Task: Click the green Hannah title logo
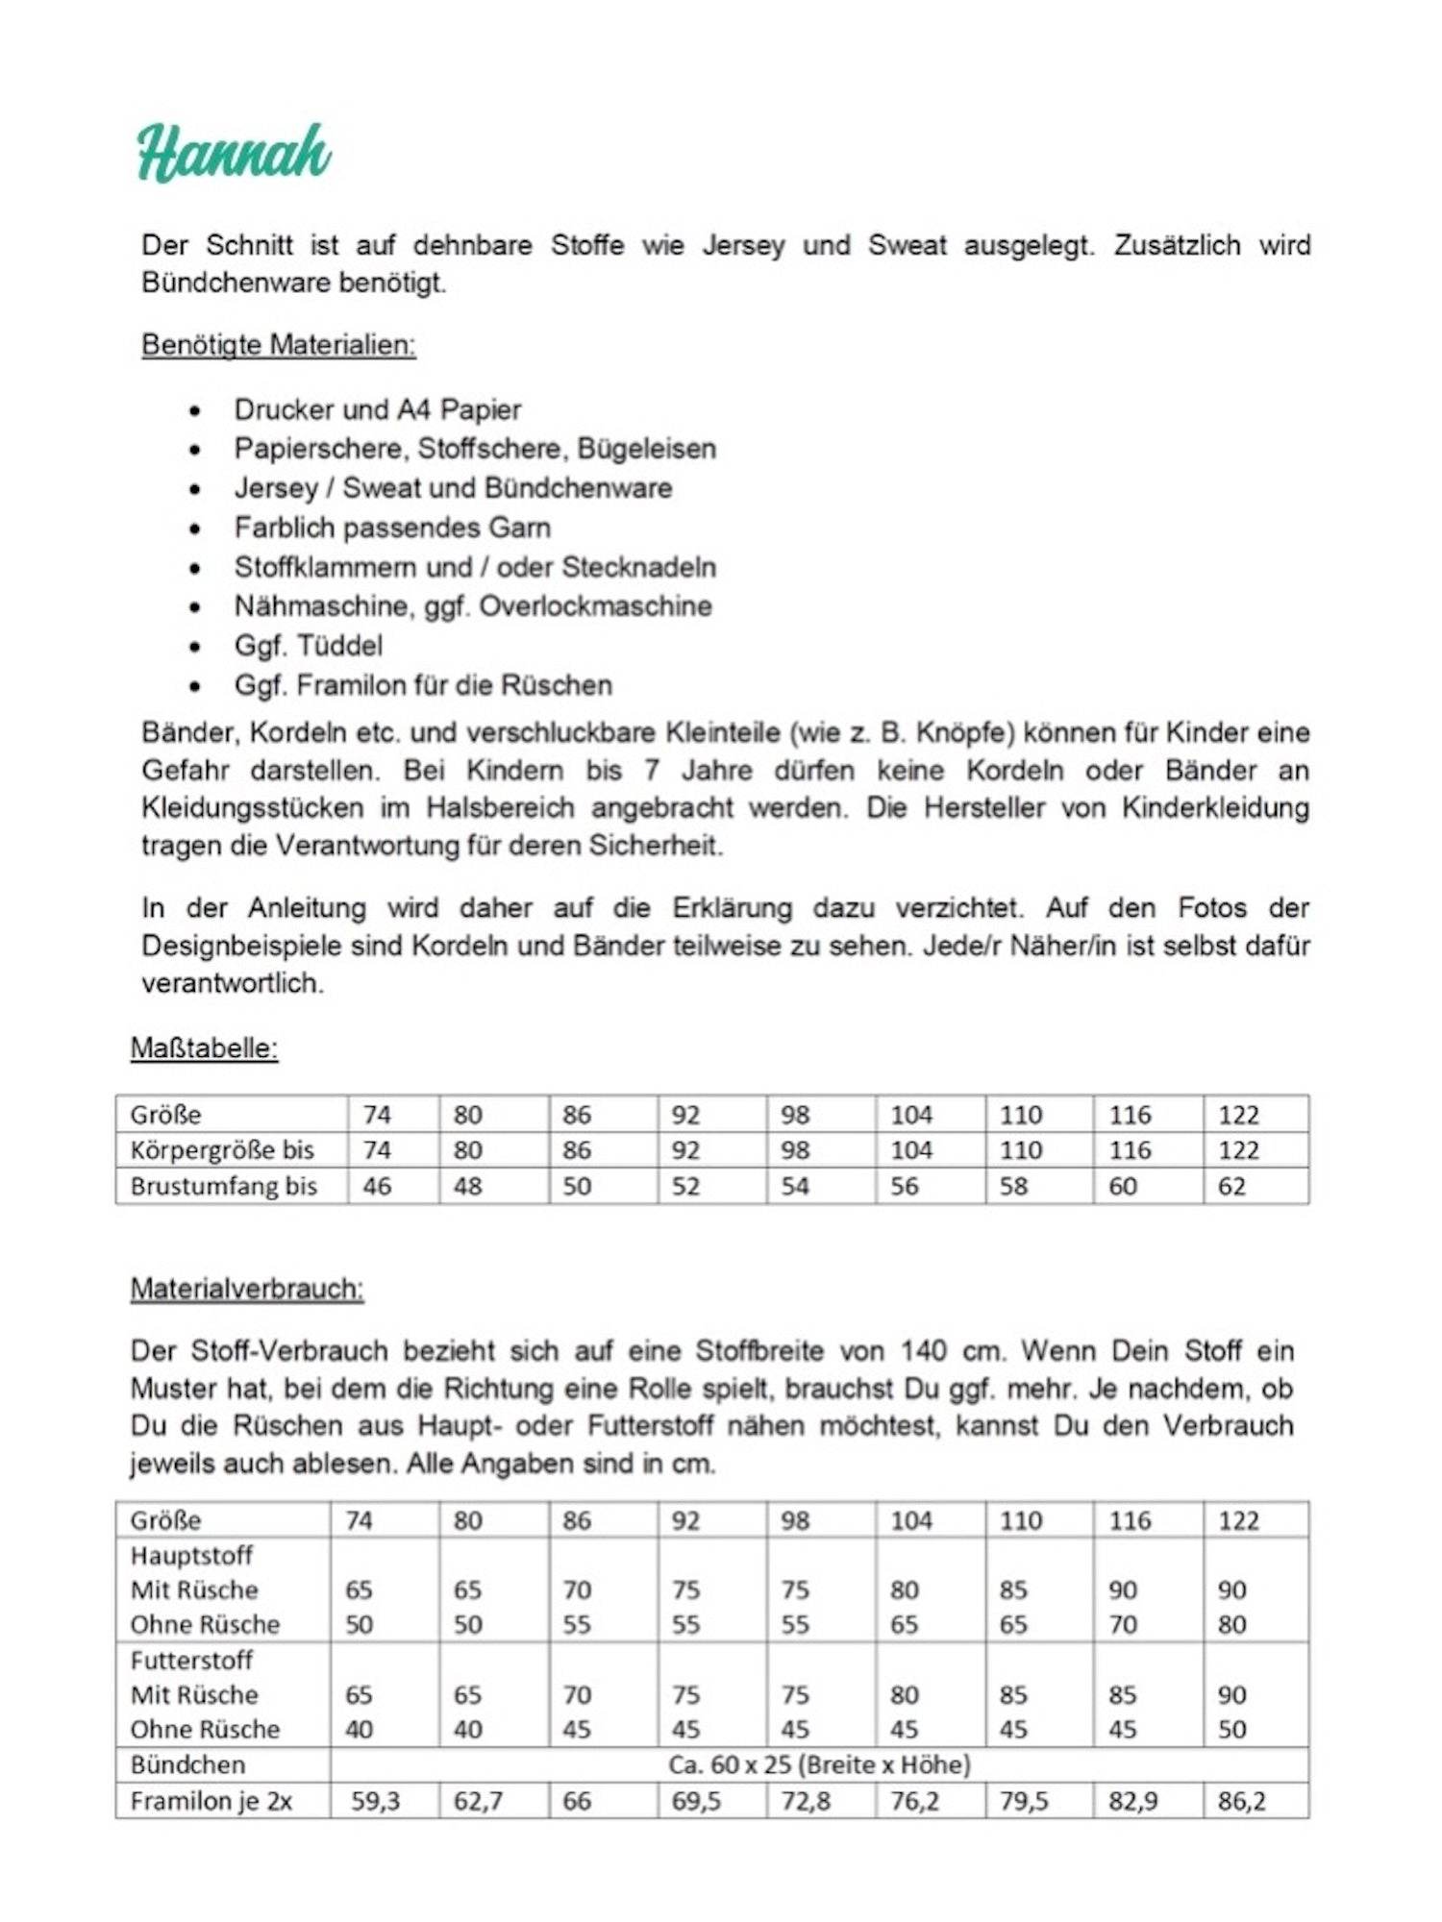[x=234, y=153]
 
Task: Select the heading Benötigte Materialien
[x=278, y=345]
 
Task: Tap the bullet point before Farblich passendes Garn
[x=195, y=529]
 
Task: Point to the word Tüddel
[x=339, y=646]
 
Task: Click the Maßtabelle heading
[x=204, y=1047]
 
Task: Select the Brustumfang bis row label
[x=223, y=1186]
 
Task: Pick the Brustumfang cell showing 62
[x=1231, y=1186]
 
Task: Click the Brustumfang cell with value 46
[x=376, y=1186]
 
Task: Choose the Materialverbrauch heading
[x=247, y=1289]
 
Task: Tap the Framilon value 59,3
[x=374, y=1801]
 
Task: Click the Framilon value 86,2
[x=1241, y=1801]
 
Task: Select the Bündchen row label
[x=187, y=1764]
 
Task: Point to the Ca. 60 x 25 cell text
[x=819, y=1764]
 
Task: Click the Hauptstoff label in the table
[x=191, y=1555]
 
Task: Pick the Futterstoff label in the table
[x=191, y=1660]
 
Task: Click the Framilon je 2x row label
[x=211, y=1801]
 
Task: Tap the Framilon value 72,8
[x=806, y=1801]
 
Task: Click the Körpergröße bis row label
[x=222, y=1150]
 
